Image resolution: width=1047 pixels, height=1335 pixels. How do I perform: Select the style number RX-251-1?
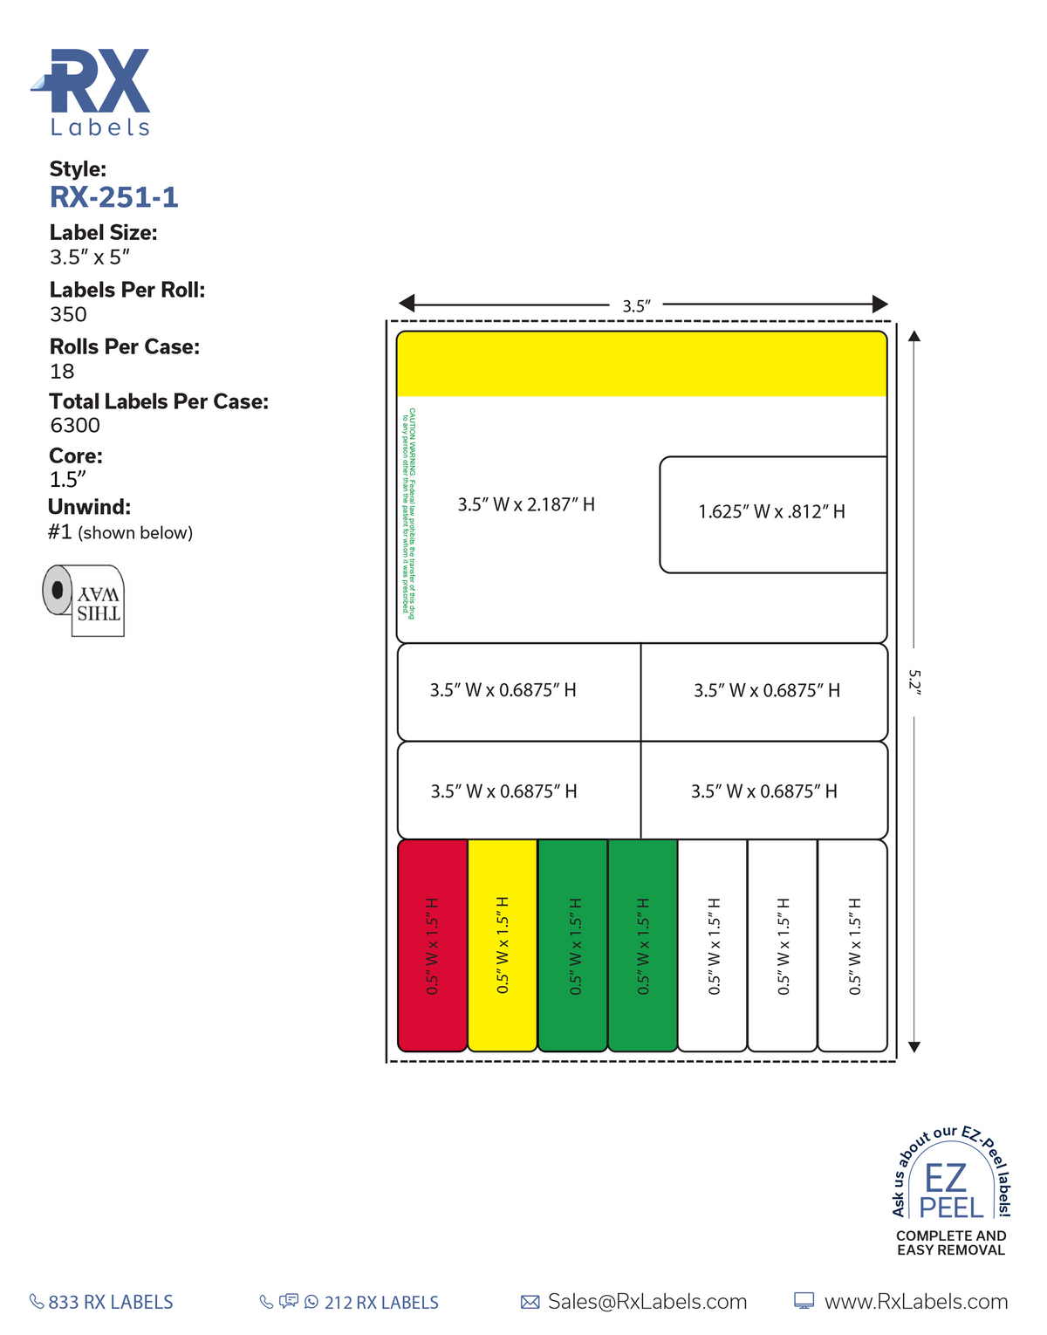click(x=114, y=197)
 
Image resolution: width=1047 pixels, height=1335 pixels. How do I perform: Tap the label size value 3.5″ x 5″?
click(x=90, y=257)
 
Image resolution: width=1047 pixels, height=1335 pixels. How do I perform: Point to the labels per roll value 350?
click(x=68, y=314)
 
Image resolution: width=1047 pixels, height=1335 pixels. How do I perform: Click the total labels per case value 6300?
click(x=75, y=425)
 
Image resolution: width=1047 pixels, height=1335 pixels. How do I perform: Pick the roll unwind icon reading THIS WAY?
click(x=85, y=600)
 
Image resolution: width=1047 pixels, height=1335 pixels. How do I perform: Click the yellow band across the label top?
click(x=641, y=364)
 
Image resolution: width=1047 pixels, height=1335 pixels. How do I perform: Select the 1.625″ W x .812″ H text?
click(x=771, y=511)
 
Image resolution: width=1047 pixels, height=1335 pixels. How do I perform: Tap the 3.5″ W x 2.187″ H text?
click(x=526, y=504)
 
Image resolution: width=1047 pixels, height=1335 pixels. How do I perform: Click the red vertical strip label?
click(x=433, y=945)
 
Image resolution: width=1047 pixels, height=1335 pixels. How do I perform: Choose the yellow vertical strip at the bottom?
click(x=503, y=945)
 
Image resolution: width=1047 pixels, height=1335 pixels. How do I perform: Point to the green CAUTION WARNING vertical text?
click(x=407, y=513)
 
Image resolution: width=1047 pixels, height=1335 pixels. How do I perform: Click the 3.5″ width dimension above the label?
click(x=636, y=306)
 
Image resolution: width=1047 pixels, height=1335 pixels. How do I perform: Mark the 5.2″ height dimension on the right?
click(x=914, y=681)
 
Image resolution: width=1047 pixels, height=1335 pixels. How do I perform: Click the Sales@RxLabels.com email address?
click(x=647, y=1302)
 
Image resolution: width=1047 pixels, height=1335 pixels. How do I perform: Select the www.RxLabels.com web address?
click(x=915, y=1302)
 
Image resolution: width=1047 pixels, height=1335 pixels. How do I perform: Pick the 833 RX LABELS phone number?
click(x=110, y=1302)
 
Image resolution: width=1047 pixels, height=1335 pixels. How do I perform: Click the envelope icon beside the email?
click(x=530, y=1302)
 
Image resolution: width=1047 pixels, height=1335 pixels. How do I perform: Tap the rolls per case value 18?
click(x=62, y=371)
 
